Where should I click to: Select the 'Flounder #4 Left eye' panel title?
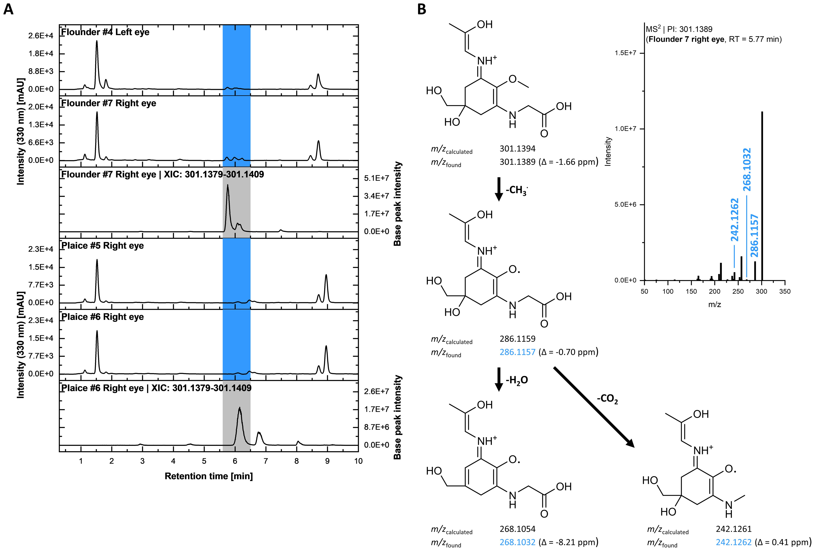coord(105,32)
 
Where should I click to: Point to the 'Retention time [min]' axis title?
coord(209,476)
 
